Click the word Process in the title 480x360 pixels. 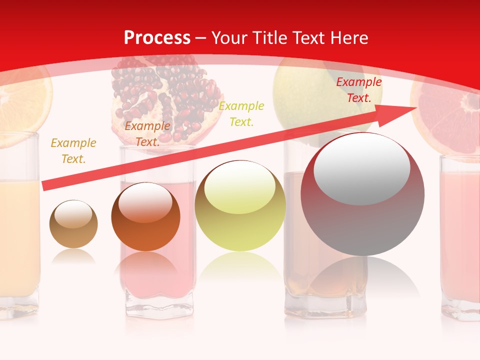157,38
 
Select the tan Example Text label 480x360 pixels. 73,151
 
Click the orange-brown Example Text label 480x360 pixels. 147,134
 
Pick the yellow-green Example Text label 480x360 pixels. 241,113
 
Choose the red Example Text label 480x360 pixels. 358,90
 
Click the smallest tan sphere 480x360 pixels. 73,224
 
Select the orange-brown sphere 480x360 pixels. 145,217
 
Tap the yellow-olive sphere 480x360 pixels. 240,206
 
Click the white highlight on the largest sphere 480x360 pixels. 362,169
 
